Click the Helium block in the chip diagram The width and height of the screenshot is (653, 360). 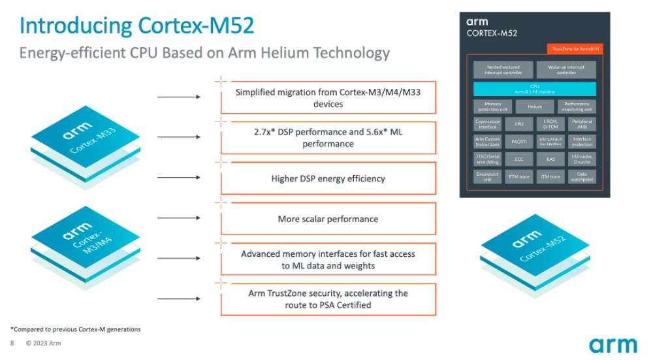tap(534, 106)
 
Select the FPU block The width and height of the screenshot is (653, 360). tap(518, 123)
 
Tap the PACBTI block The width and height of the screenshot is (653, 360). tap(518, 141)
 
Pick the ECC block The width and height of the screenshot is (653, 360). tap(518, 159)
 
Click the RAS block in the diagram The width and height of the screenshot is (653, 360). tap(550, 159)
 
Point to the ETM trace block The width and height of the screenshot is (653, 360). tap(518, 176)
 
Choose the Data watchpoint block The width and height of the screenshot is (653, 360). tap(582, 176)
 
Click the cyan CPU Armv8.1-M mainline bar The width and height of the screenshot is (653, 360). tap(534, 89)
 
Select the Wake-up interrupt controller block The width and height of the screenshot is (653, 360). tap(566, 70)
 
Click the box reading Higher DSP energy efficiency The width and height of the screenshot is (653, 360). tap(328, 178)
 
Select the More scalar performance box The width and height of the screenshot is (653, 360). tap(328, 219)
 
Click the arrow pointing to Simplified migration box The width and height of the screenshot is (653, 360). tap(179, 97)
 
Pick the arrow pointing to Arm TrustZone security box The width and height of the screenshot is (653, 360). tap(179, 299)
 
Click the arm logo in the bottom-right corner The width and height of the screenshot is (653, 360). tap(613, 344)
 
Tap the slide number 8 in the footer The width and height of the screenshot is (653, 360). tap(12, 343)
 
